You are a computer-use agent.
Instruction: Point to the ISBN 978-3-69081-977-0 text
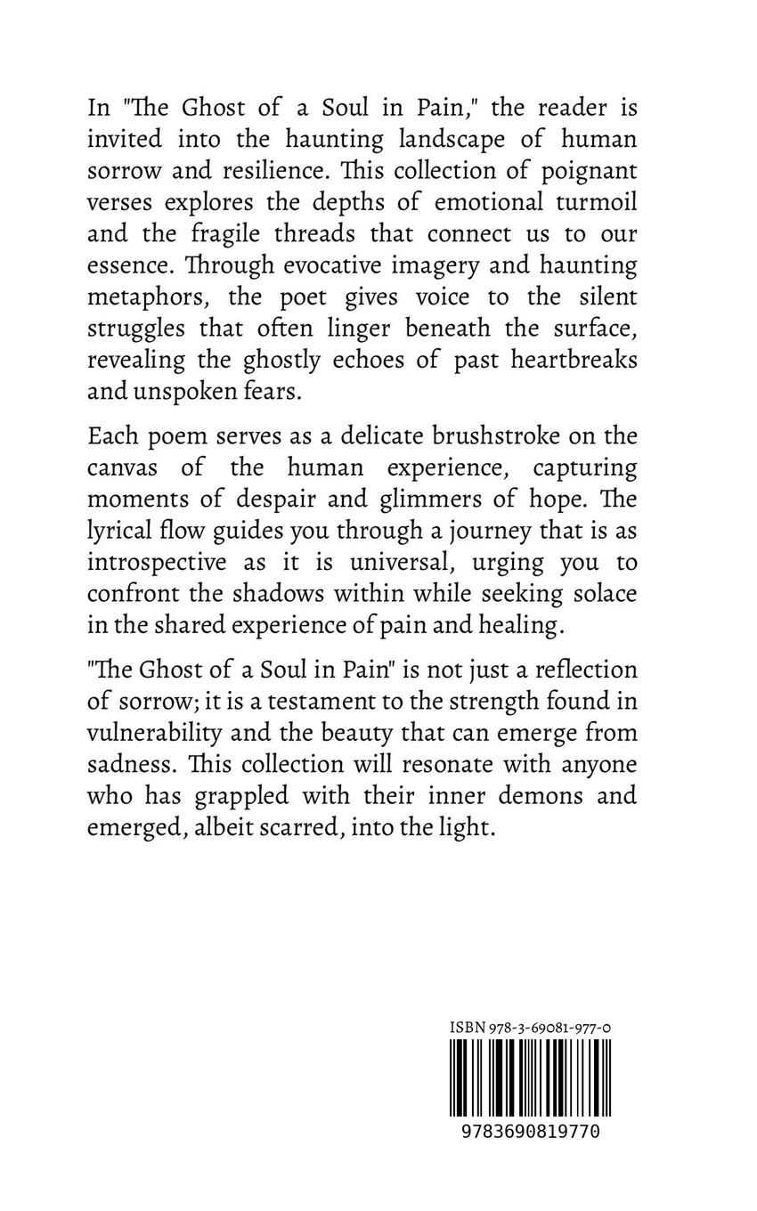(530, 1028)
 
